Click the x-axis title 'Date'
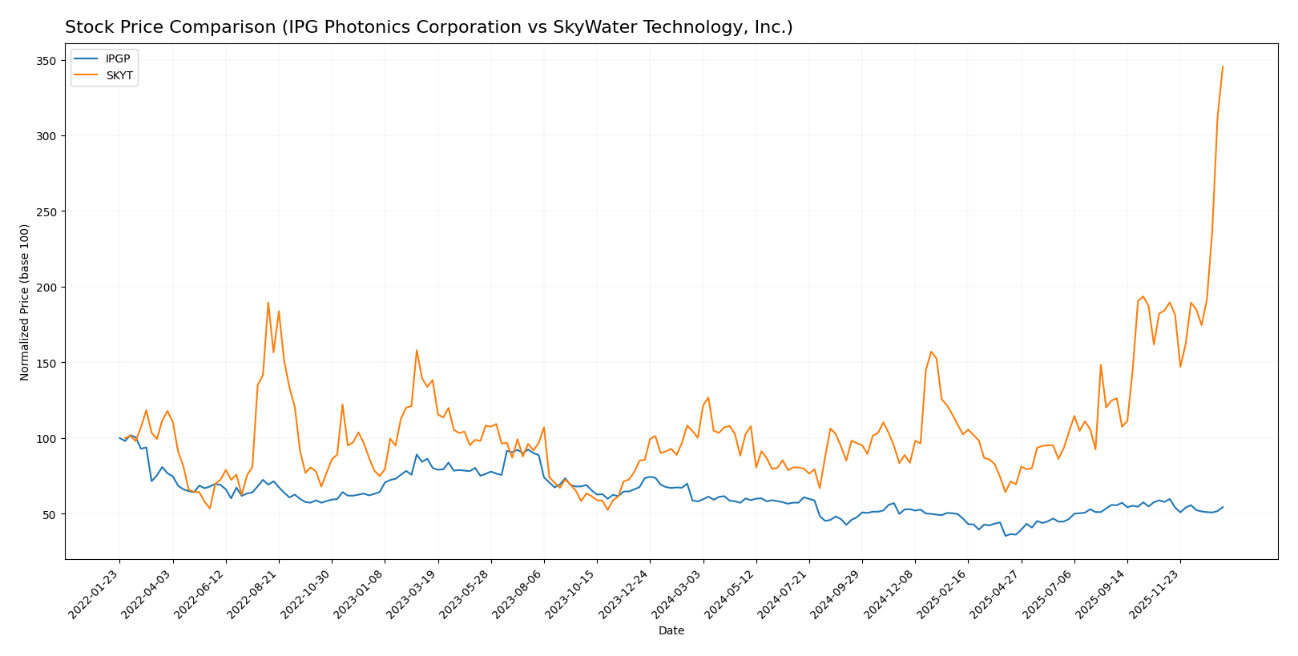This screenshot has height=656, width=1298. pos(671,631)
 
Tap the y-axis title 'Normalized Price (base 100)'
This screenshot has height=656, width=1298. pos(25,302)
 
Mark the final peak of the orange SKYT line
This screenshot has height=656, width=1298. pos(1223,66)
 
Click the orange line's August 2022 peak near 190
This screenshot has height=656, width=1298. pos(268,303)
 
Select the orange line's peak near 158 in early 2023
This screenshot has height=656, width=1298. pos(417,350)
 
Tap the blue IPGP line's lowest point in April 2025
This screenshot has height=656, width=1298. pos(1006,536)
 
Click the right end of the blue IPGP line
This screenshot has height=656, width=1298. pos(1223,507)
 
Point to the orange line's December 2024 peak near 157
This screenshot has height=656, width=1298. pos(931,352)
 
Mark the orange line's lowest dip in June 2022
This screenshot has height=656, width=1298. pos(210,509)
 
